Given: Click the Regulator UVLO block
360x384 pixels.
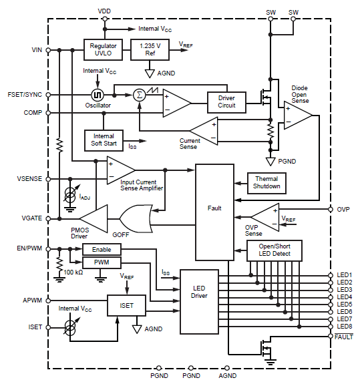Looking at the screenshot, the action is (x=103, y=49).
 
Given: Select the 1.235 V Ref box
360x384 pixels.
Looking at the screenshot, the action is (x=150, y=49).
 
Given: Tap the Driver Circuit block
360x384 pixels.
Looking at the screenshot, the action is (x=227, y=102).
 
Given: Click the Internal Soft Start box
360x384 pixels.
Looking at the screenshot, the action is (x=104, y=140).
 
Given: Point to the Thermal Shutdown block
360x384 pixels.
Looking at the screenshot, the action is (x=266, y=183).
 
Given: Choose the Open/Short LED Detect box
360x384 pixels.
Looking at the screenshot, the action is (x=275, y=250).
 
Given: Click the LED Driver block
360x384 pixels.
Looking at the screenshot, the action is (x=199, y=302).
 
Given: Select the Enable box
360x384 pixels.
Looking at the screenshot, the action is (x=102, y=249).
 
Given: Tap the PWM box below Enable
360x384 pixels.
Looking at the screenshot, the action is (x=102, y=262).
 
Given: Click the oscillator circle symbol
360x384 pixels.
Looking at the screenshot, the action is (x=98, y=95).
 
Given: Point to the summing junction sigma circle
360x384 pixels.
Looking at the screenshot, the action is (x=140, y=95).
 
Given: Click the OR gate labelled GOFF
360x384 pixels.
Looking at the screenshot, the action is (x=136, y=218).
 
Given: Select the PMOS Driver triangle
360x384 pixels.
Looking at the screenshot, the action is (x=94, y=218).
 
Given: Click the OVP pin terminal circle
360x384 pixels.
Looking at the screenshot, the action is (x=331, y=210).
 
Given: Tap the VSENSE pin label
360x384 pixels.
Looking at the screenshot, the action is (x=29, y=179).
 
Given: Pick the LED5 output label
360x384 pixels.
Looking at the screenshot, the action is (x=345, y=305).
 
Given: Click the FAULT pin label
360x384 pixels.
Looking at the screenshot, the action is (x=344, y=337).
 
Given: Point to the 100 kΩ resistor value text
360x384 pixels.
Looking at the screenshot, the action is (x=73, y=272).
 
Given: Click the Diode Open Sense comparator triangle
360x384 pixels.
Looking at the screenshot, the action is (x=298, y=115).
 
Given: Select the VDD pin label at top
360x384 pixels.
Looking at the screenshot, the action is (x=104, y=11).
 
